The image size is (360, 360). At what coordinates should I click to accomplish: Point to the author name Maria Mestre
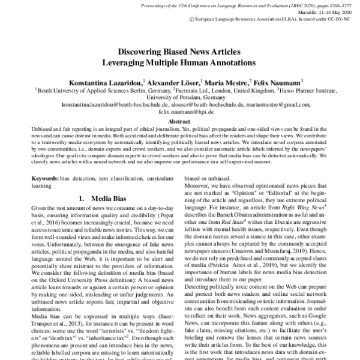[227, 82]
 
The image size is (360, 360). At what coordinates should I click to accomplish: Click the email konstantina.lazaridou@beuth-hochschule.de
[120, 104]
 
